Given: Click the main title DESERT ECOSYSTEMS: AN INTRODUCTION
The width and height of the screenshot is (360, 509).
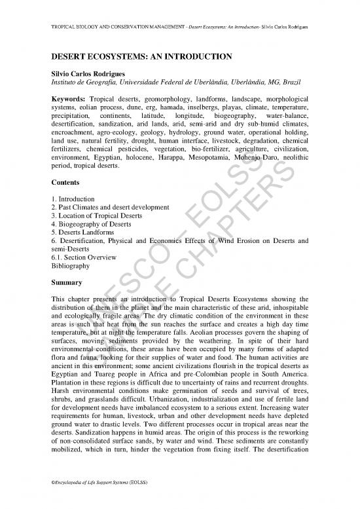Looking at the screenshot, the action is coord(140,58).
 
